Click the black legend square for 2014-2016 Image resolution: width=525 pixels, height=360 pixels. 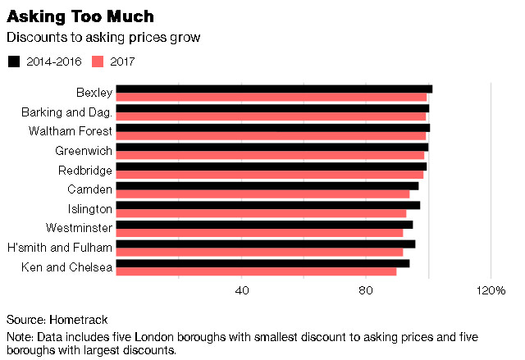[x=13, y=62]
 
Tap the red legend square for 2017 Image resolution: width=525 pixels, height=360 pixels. [x=97, y=62]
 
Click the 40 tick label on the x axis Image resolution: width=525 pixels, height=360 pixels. [x=242, y=291]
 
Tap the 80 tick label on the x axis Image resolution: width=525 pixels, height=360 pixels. [x=366, y=291]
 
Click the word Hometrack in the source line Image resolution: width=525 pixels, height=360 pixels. [x=79, y=319]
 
